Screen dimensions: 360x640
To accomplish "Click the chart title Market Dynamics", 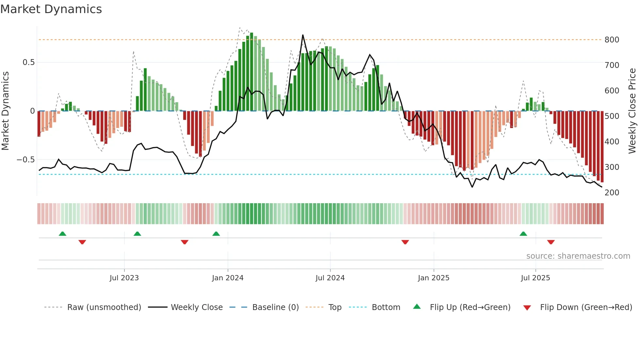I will [51, 9].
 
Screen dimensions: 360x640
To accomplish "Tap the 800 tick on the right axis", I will [612, 40].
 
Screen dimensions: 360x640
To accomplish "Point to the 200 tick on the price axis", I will [612, 193].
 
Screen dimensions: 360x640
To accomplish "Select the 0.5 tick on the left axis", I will [28, 62].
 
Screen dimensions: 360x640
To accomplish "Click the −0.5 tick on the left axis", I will [26, 160].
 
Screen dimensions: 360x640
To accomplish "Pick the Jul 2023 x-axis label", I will [124, 278].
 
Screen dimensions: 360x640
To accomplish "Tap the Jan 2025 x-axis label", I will [433, 278].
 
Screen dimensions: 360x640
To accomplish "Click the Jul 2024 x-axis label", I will [330, 278].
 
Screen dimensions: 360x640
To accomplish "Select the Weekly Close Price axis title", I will [632, 111].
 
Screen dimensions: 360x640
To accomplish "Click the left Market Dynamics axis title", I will [5, 111].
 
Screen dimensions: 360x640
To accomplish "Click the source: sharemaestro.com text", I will [578, 256].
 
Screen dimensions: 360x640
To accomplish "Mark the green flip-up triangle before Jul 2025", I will [523, 234].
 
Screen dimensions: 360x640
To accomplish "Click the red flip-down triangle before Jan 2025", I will [405, 242].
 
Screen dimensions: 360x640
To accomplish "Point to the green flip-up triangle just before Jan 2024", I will [216, 234].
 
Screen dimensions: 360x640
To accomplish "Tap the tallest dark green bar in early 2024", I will [251, 72].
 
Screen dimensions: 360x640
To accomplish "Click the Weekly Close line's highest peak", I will [303, 35].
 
